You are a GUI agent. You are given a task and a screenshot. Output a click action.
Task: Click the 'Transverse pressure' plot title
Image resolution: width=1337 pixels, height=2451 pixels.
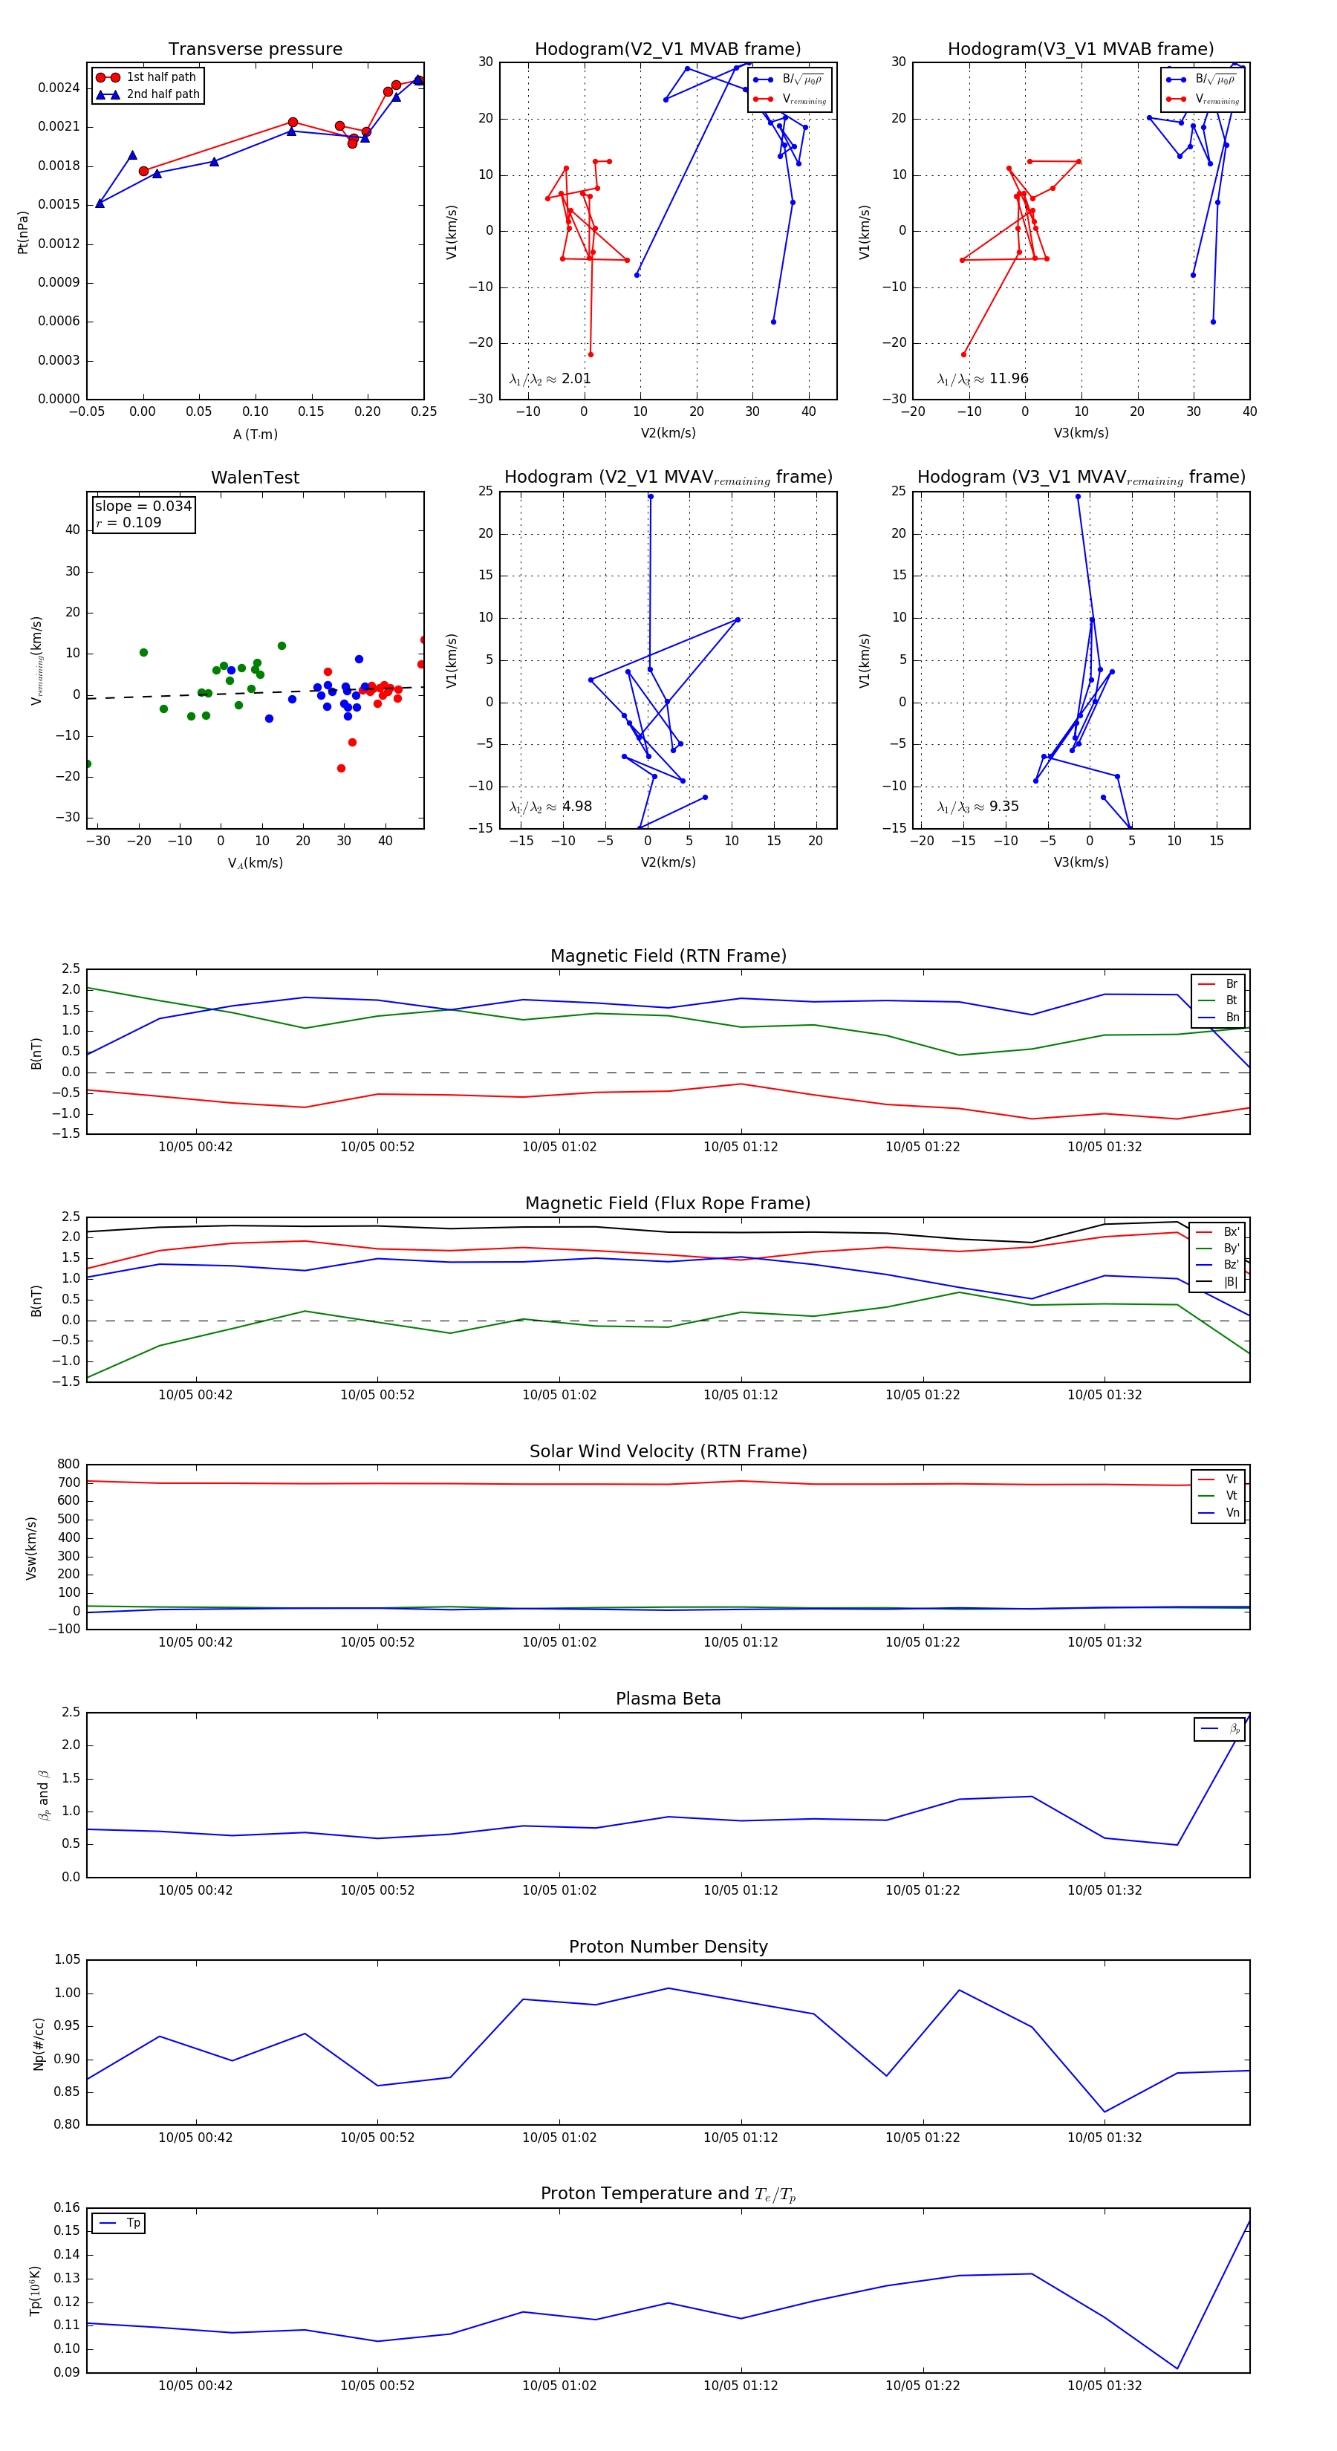(x=255, y=50)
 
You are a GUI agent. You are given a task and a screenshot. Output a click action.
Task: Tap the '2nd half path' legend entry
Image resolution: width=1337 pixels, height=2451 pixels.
(x=163, y=94)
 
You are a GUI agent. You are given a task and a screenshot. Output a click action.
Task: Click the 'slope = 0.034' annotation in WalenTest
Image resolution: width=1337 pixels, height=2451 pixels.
(x=143, y=507)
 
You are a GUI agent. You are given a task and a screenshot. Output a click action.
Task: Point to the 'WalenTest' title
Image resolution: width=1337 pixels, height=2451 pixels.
(x=255, y=478)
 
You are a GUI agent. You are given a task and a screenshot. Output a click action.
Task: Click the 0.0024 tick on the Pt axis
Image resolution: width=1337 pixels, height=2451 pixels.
(x=59, y=88)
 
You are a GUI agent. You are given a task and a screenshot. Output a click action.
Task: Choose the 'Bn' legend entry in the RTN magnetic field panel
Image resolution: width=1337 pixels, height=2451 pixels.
(x=1232, y=1017)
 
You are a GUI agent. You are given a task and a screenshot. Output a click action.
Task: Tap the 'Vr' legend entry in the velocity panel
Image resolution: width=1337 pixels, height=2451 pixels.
(x=1232, y=1480)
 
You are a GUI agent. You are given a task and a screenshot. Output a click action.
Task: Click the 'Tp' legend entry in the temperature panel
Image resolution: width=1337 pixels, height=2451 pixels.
(x=133, y=2224)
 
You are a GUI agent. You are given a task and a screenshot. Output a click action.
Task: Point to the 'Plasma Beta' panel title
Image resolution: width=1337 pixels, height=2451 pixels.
(x=668, y=1699)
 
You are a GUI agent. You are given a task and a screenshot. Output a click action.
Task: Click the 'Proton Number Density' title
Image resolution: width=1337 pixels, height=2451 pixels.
(x=668, y=1947)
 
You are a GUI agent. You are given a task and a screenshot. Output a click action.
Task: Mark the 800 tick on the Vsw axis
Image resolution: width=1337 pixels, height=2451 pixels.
(x=68, y=1465)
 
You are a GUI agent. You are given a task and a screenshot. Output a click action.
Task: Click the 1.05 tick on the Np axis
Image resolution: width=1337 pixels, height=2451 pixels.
(x=67, y=1960)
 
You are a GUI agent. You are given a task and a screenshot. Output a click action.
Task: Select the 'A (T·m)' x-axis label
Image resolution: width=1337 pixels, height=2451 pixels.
(x=255, y=434)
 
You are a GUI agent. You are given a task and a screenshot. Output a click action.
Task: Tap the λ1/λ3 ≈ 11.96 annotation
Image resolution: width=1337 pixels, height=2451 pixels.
(x=982, y=379)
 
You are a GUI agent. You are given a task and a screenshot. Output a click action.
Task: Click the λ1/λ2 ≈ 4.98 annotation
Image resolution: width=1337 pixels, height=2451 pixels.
(x=550, y=807)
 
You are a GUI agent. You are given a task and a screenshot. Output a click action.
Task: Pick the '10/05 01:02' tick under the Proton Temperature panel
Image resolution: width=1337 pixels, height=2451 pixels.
(x=559, y=2386)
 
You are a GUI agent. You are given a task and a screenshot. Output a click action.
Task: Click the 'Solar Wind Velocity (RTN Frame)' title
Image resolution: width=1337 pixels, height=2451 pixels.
(x=668, y=1451)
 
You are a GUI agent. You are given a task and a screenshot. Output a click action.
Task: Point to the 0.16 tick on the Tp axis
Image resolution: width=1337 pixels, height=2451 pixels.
(x=67, y=2207)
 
